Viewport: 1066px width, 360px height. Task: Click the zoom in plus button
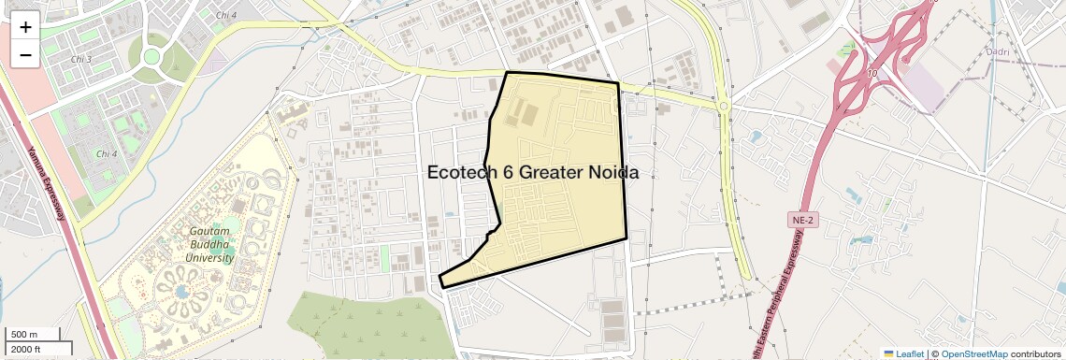(25, 26)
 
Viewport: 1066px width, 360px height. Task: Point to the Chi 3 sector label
(82, 59)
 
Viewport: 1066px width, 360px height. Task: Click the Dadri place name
(998, 51)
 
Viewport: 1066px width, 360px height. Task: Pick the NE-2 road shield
(799, 219)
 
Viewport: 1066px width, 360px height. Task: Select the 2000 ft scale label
(25, 349)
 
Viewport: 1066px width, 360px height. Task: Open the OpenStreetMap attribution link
(973, 353)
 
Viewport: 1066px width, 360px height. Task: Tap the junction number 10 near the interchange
(871, 72)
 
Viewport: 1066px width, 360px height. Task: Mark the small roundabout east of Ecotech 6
(724, 107)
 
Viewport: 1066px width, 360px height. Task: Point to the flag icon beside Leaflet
(888, 353)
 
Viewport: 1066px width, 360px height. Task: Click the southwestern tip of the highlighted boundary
(440, 279)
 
